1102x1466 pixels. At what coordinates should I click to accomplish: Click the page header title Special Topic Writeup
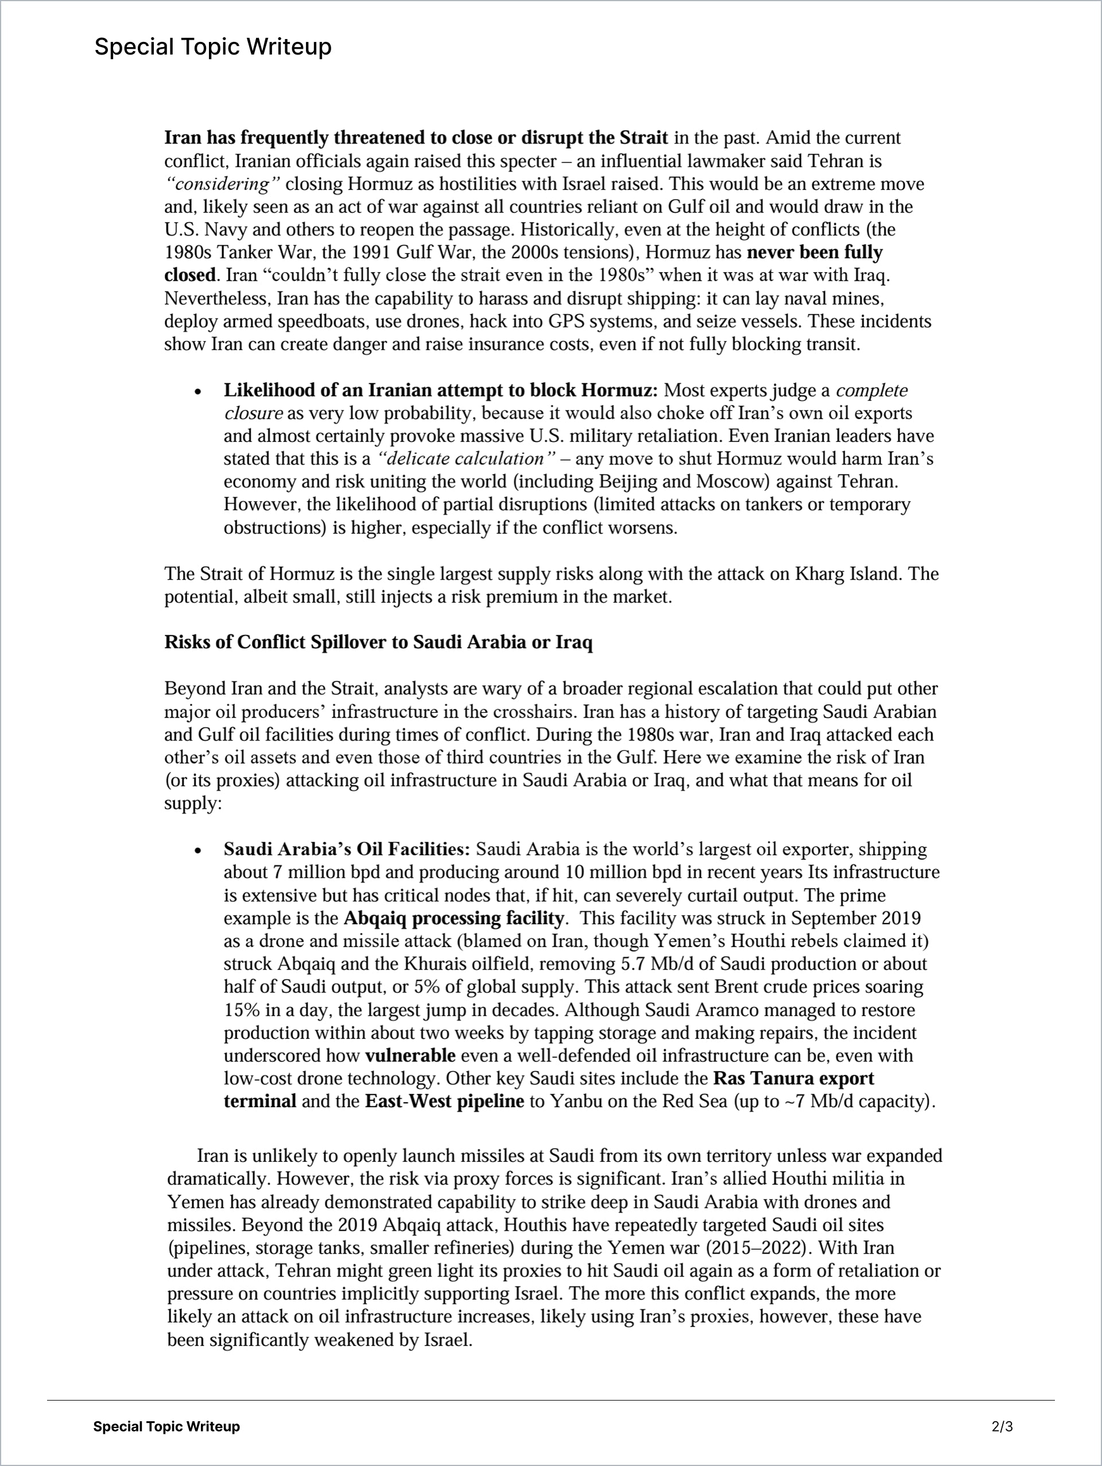click(x=213, y=47)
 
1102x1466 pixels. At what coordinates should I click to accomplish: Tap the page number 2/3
click(x=1002, y=1426)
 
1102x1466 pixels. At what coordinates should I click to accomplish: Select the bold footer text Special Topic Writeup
click(x=166, y=1426)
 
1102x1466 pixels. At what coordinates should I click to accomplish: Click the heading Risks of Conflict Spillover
click(x=378, y=642)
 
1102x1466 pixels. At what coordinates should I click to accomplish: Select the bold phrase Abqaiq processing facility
click(x=453, y=918)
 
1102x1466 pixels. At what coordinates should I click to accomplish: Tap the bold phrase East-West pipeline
click(x=444, y=1101)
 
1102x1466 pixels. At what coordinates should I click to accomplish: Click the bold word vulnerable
click(x=410, y=1055)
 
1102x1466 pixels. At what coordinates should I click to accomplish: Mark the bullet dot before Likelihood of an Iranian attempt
click(x=197, y=391)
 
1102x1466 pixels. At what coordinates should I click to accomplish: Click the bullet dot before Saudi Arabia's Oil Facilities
click(x=197, y=850)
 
